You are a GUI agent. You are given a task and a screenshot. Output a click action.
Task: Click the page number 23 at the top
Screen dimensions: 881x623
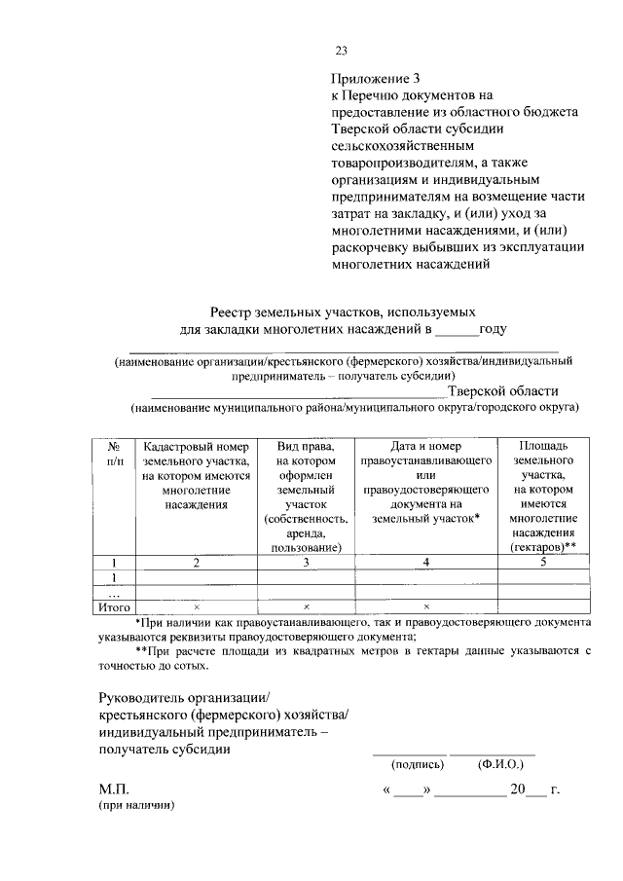[341, 51]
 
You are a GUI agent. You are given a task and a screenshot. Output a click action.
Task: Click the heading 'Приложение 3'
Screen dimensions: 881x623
[378, 77]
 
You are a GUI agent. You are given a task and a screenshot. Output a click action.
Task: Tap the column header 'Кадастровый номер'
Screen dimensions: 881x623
[196, 446]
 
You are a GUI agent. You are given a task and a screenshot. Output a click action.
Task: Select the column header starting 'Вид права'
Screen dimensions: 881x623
[306, 446]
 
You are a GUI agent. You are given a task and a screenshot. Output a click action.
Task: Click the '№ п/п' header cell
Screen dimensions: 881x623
[114, 453]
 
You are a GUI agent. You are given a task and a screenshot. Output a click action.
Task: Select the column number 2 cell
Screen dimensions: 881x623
[196, 563]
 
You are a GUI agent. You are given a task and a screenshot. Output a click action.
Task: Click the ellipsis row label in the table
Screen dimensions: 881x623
[114, 592]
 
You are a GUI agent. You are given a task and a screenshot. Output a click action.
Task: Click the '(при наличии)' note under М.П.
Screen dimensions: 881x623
[135, 807]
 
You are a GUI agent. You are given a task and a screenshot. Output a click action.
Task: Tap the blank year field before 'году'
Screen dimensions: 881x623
[456, 330]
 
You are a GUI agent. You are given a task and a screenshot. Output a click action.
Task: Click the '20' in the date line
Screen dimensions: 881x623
[519, 789]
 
